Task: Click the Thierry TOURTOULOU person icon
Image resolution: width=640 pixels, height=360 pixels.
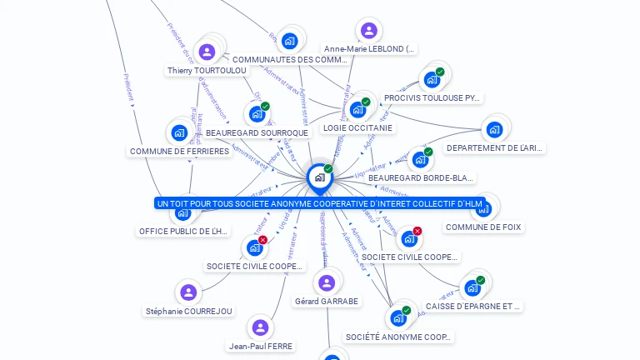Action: point(207,52)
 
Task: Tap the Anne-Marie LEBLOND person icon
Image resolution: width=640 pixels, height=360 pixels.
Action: point(368,31)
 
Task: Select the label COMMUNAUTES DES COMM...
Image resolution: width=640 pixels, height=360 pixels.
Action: point(289,60)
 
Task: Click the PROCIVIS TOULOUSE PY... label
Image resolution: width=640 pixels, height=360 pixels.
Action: point(432,98)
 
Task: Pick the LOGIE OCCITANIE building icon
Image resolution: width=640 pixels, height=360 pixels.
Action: point(357,109)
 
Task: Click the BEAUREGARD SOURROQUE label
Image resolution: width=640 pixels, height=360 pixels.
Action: point(257,133)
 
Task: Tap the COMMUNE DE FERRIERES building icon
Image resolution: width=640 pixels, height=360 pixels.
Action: point(179,132)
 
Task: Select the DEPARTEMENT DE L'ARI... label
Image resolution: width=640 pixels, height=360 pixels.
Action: point(495,148)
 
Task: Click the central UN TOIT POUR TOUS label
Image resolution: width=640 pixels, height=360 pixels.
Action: point(319,203)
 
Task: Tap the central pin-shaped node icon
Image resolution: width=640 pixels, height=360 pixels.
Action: point(319,177)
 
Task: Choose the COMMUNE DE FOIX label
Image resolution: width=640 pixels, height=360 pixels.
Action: point(484,227)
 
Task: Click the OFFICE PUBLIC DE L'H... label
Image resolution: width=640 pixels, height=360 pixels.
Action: point(183,232)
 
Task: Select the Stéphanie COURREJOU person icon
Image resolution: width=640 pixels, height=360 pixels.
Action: point(188,292)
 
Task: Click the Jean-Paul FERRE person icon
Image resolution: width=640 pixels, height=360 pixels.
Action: point(261,327)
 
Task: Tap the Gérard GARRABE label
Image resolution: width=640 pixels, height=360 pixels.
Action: point(327,302)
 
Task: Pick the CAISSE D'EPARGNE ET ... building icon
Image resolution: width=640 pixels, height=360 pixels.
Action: point(472,287)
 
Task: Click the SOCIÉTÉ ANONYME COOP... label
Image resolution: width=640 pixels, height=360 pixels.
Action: point(398,337)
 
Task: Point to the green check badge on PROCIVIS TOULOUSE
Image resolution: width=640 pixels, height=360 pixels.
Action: point(440,72)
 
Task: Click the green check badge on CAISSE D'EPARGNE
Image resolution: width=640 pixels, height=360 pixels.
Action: point(481,280)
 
